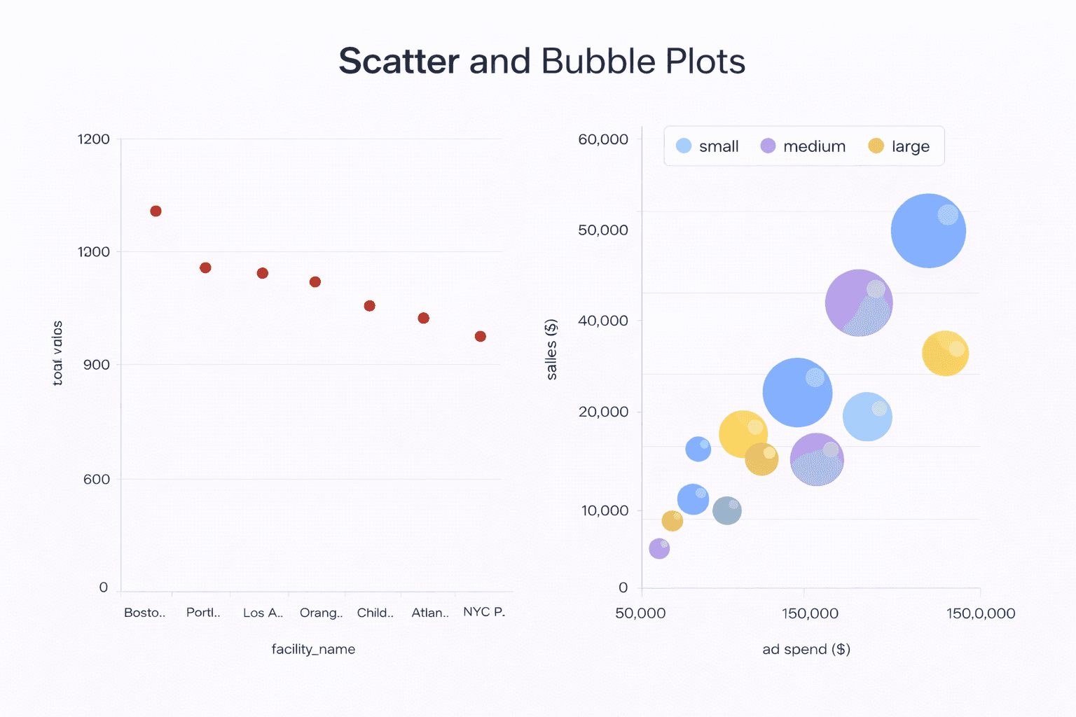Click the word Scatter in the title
coord(399,62)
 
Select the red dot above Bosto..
coord(156,211)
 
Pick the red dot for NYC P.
coord(480,336)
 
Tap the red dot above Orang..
coord(315,281)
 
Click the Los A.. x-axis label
coord(263,613)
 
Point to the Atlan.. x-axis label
coord(429,613)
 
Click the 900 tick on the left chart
coord(96,365)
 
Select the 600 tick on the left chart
coord(96,479)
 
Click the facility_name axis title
coord(313,649)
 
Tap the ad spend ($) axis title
coord(806,649)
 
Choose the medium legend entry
coord(803,146)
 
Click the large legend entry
coord(899,146)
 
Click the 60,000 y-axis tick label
coord(602,139)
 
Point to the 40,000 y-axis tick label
coord(602,321)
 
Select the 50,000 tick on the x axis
coord(640,613)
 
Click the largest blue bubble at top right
coord(928,230)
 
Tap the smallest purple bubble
coord(659,548)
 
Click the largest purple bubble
coord(858,302)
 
